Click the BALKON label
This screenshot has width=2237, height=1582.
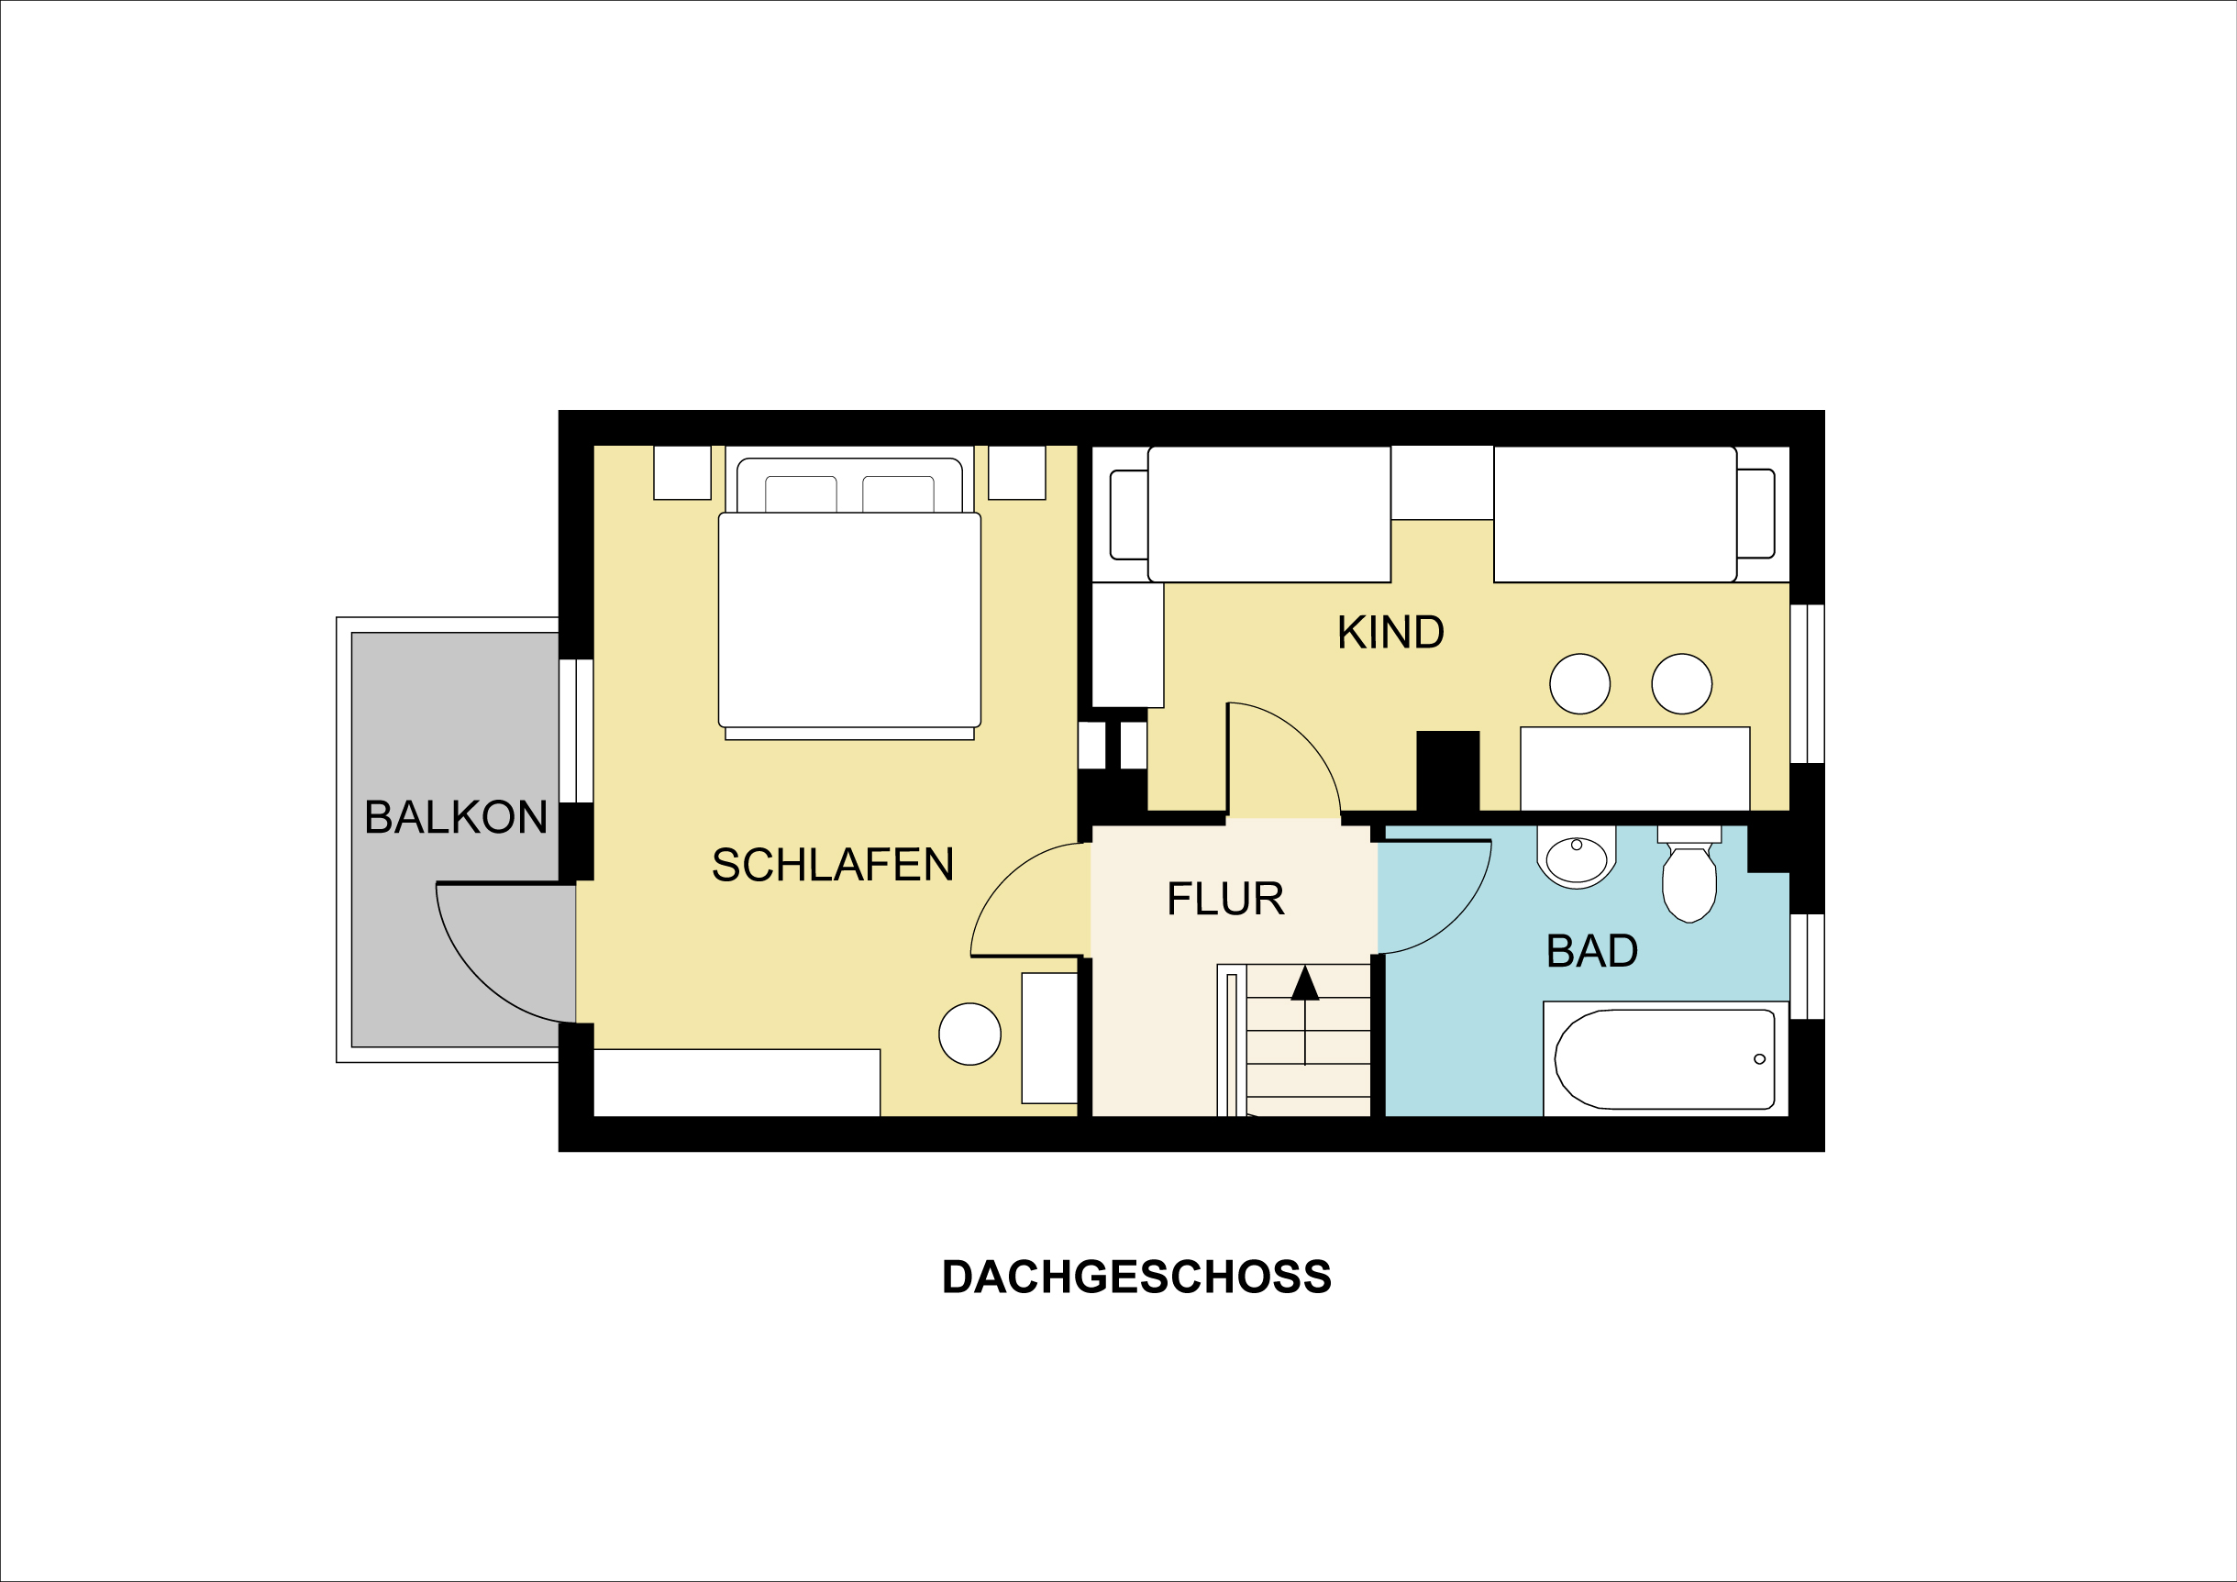[x=455, y=817]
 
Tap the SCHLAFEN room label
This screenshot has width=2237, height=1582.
[x=832, y=865]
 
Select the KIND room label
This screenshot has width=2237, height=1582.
[x=1390, y=633]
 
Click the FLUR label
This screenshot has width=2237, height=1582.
[x=1225, y=899]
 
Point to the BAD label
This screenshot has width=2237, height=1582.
[x=1592, y=951]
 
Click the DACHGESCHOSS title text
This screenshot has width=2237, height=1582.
[x=1136, y=1278]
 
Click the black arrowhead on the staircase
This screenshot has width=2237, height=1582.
[x=1304, y=985]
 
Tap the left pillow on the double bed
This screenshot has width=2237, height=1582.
[x=801, y=494]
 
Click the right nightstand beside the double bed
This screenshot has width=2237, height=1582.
[x=1016, y=472]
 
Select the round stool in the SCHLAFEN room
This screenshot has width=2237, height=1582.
[x=969, y=1034]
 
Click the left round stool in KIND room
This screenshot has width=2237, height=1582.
[x=1579, y=684]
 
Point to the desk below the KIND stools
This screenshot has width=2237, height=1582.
[x=1635, y=769]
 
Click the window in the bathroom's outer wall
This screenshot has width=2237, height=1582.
[x=1808, y=967]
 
